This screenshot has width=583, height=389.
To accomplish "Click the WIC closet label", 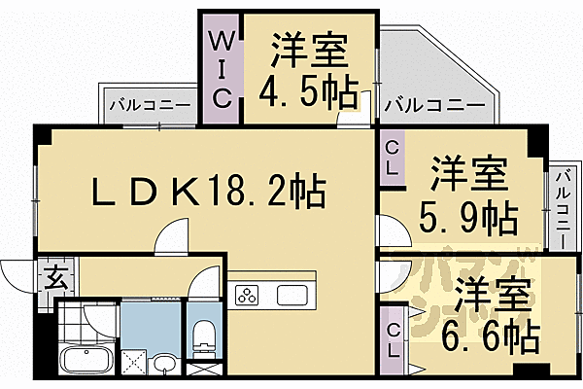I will (221, 67).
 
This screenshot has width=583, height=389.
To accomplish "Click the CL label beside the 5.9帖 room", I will (392, 158).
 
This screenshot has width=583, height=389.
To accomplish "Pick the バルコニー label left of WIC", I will (138, 103).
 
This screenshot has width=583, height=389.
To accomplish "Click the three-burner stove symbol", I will (247, 294).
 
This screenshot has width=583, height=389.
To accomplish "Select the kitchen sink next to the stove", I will (292, 294).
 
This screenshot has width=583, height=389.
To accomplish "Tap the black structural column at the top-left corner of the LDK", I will (39, 133).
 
